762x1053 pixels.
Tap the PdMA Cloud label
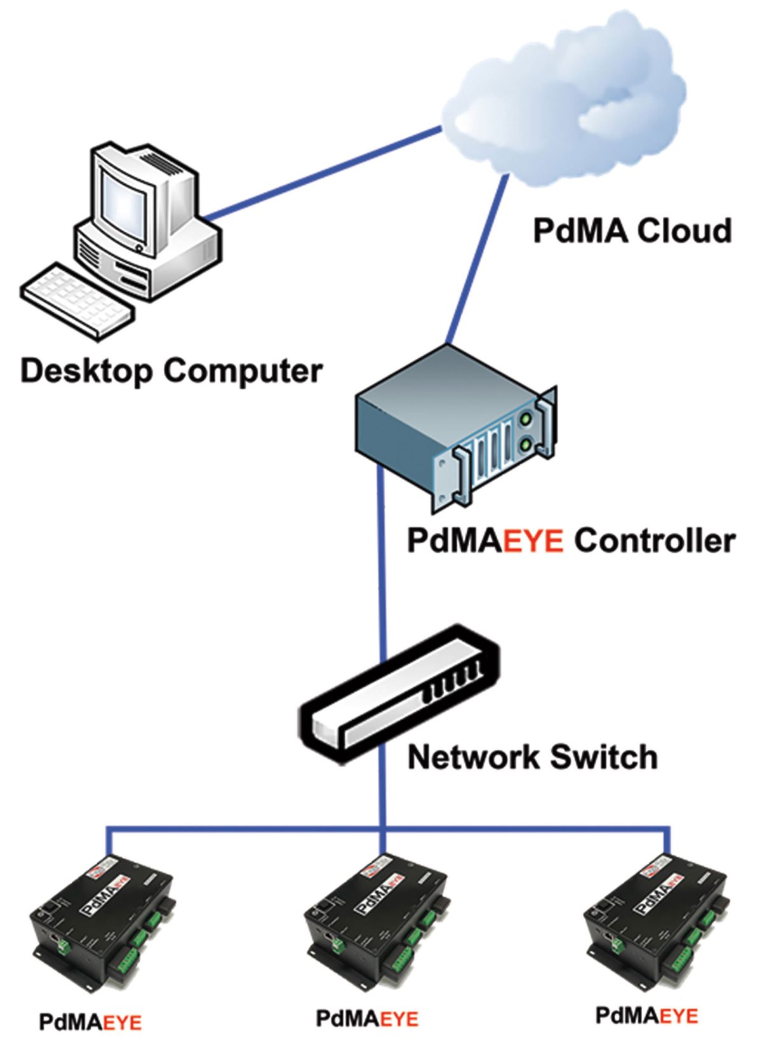pyautogui.click(x=632, y=231)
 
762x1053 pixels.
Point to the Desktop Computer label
pyautogui.click(x=171, y=370)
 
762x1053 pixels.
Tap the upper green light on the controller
pyautogui.click(x=526, y=420)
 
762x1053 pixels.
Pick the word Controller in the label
pyautogui.click(x=654, y=542)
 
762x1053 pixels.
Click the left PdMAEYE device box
pyautogui.click(x=105, y=915)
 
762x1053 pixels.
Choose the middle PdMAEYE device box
pyautogui.click(x=378, y=915)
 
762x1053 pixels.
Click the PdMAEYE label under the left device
pyautogui.click(x=91, y=1022)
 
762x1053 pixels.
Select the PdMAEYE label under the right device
pyautogui.click(x=646, y=1016)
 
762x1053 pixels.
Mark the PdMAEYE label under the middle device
pyautogui.click(x=368, y=1019)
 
